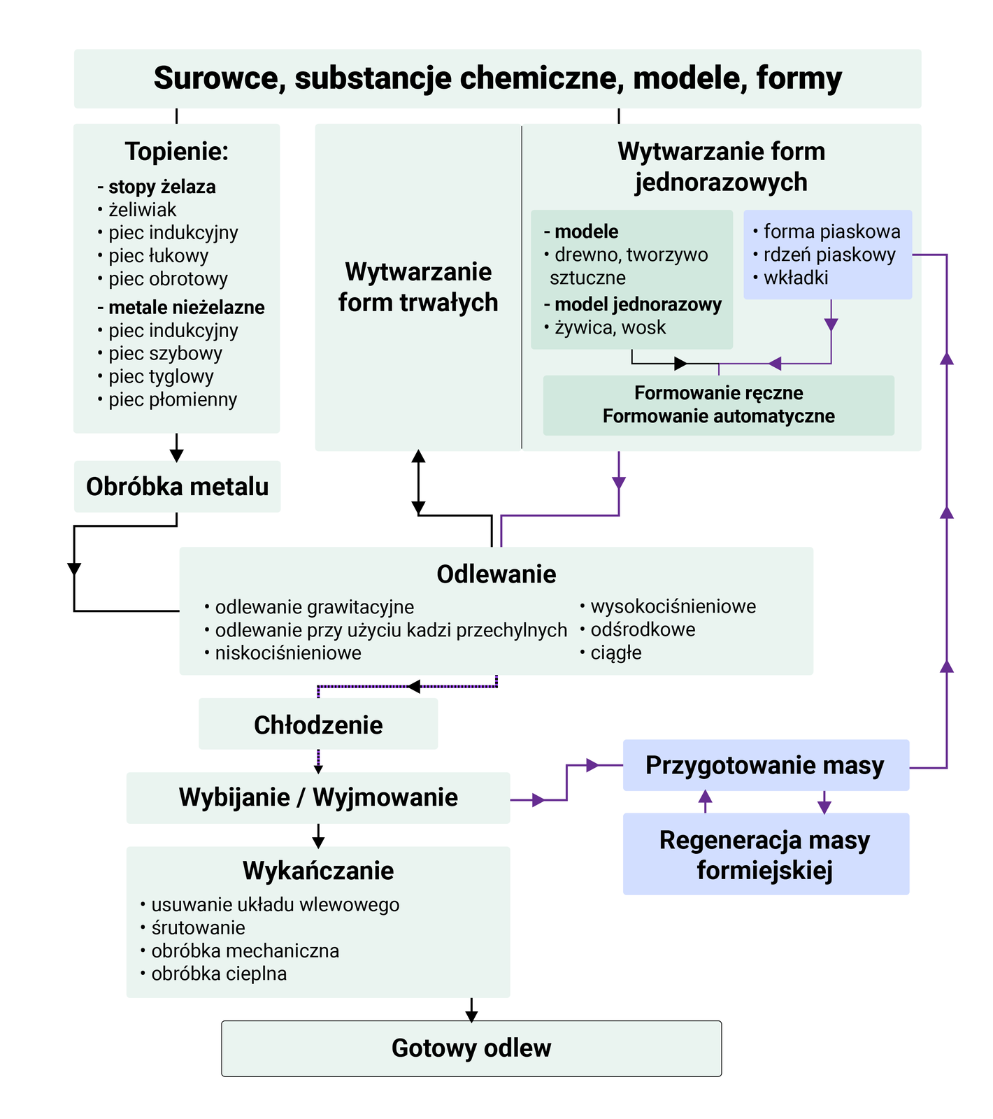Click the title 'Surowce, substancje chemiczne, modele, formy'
click(497, 78)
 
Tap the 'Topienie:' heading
click(176, 151)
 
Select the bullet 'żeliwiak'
click(142, 210)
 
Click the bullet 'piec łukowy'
click(158, 256)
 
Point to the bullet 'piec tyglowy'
click(161, 376)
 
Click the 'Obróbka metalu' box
click(177, 487)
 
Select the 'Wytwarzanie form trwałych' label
click(418, 287)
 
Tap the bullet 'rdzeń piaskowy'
click(829, 255)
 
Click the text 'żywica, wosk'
click(610, 327)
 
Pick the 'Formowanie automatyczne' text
click(718, 416)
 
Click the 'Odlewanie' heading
click(496, 574)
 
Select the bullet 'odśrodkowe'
click(643, 629)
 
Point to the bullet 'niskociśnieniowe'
click(288, 653)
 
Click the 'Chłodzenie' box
click(318, 725)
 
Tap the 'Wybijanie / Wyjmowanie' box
click(318, 797)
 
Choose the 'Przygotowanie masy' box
click(765, 765)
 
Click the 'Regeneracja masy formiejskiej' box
click(765, 854)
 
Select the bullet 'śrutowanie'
click(198, 928)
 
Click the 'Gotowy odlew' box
click(471, 1048)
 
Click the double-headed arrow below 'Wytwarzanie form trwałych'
click(418, 483)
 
